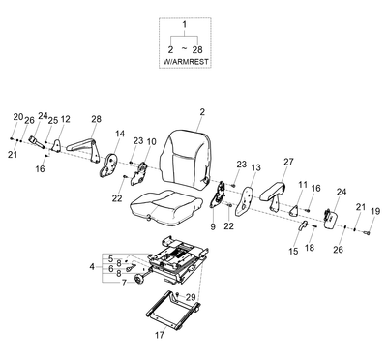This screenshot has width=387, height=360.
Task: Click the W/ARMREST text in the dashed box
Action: pos(186,62)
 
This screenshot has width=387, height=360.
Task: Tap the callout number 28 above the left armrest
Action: pos(96,119)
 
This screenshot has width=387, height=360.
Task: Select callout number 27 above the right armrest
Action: pos(288,162)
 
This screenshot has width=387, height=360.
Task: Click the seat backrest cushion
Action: pos(186,158)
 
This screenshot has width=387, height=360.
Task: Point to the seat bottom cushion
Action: pos(166,206)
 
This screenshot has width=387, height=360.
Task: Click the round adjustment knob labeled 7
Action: pos(140,280)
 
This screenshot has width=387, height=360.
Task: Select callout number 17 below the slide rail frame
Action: pos(160,335)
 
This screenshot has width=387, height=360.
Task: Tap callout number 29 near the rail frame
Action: pos(191,297)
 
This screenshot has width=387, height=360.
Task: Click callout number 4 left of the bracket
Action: pos(92,267)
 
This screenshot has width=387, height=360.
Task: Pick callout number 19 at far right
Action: pos(375,211)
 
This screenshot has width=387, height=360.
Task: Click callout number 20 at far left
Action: pos(18,117)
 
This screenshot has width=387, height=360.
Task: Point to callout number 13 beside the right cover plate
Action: pos(256,167)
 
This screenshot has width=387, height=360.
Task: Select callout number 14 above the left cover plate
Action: pos(120,134)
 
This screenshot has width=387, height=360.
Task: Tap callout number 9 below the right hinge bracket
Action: pos(213,226)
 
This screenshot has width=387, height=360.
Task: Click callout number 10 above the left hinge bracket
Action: pos(151,141)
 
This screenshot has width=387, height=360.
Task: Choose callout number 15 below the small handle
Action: pos(293,252)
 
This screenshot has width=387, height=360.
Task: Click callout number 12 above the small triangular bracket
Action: pos(65,119)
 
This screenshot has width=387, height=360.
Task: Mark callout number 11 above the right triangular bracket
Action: pos(303,185)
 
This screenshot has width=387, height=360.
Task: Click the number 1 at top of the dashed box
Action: pos(185,24)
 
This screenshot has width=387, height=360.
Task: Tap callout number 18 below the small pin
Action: pos(310,248)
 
